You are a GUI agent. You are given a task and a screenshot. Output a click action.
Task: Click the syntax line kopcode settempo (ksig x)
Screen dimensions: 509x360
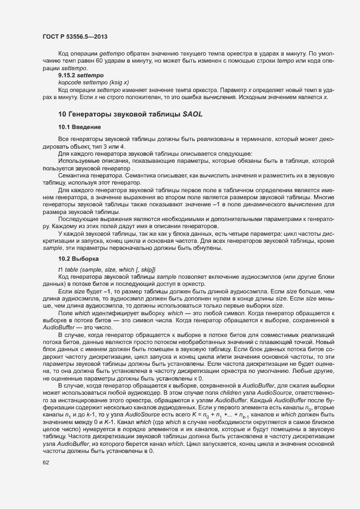[x=93, y=83]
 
